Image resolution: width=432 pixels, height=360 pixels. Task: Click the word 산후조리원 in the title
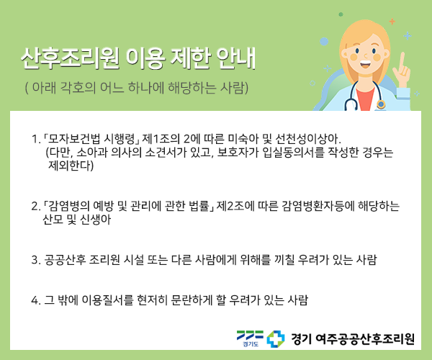[71, 58]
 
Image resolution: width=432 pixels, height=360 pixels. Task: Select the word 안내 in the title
[236, 58]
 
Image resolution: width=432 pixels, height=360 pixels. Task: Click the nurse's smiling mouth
[365, 65]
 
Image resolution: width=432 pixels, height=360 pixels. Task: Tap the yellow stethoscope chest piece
[381, 104]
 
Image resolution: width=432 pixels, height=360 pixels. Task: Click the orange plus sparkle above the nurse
[392, 21]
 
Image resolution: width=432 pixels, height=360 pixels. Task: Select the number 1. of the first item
[36, 139]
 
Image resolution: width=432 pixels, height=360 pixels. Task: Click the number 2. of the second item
[36, 207]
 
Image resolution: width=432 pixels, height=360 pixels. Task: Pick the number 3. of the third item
[36, 260]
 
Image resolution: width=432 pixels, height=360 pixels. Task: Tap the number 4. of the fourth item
[36, 300]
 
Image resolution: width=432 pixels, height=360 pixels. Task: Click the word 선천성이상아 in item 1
[307, 139]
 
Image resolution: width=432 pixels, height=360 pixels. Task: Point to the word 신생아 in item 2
[96, 220]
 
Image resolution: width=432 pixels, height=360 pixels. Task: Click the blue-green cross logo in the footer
[276, 339]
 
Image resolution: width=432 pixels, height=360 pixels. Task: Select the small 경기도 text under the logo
[251, 344]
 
